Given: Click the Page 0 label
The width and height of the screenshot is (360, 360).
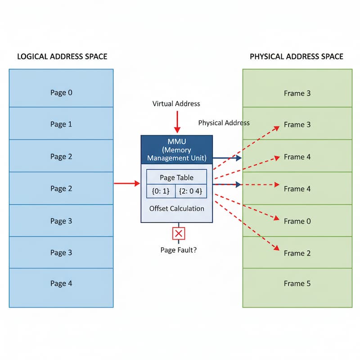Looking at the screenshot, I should [x=61, y=93].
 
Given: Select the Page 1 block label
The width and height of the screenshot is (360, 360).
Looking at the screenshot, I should [x=61, y=124].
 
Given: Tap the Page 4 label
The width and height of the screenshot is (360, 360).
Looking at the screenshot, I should [x=61, y=283].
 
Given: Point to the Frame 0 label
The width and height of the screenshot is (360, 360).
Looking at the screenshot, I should [x=297, y=221].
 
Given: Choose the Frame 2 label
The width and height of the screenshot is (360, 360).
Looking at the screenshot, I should [x=297, y=253].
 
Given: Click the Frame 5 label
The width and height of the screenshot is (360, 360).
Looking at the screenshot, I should [x=297, y=283].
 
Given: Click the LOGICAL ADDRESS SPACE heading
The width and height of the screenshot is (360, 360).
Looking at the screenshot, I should [x=62, y=57].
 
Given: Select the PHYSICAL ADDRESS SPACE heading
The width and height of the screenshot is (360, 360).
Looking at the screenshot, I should [x=297, y=57].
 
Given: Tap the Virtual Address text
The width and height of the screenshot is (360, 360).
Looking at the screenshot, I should [x=176, y=103].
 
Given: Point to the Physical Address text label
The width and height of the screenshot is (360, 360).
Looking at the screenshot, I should [x=224, y=123].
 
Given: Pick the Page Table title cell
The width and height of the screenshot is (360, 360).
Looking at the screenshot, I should [x=176, y=177].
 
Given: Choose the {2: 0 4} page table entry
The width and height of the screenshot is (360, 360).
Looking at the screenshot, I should [x=191, y=190].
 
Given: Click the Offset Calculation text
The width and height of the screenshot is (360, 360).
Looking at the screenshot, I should [x=176, y=208].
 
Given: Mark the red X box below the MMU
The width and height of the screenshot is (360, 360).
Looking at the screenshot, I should [x=179, y=234].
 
